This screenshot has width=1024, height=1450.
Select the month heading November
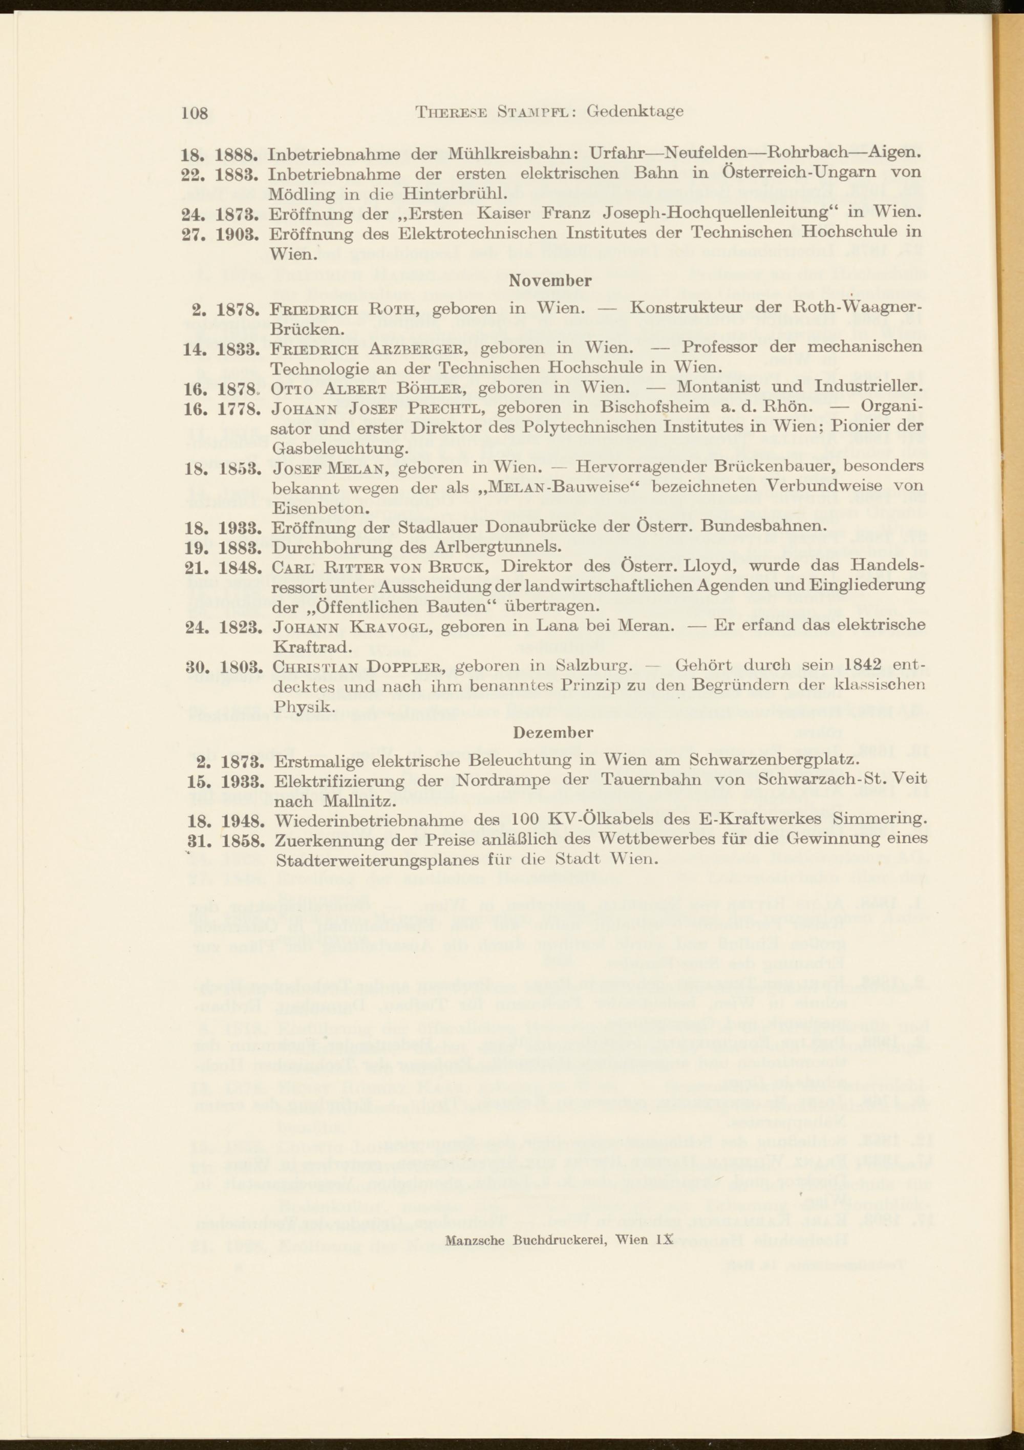pyautogui.click(x=550, y=281)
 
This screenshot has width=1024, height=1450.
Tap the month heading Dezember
pyautogui.click(x=553, y=733)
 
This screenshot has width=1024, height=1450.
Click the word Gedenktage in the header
pyautogui.click(x=635, y=111)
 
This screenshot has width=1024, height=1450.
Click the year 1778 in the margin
pyautogui.click(x=239, y=409)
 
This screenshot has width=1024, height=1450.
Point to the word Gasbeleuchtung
pyautogui.click(x=340, y=449)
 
